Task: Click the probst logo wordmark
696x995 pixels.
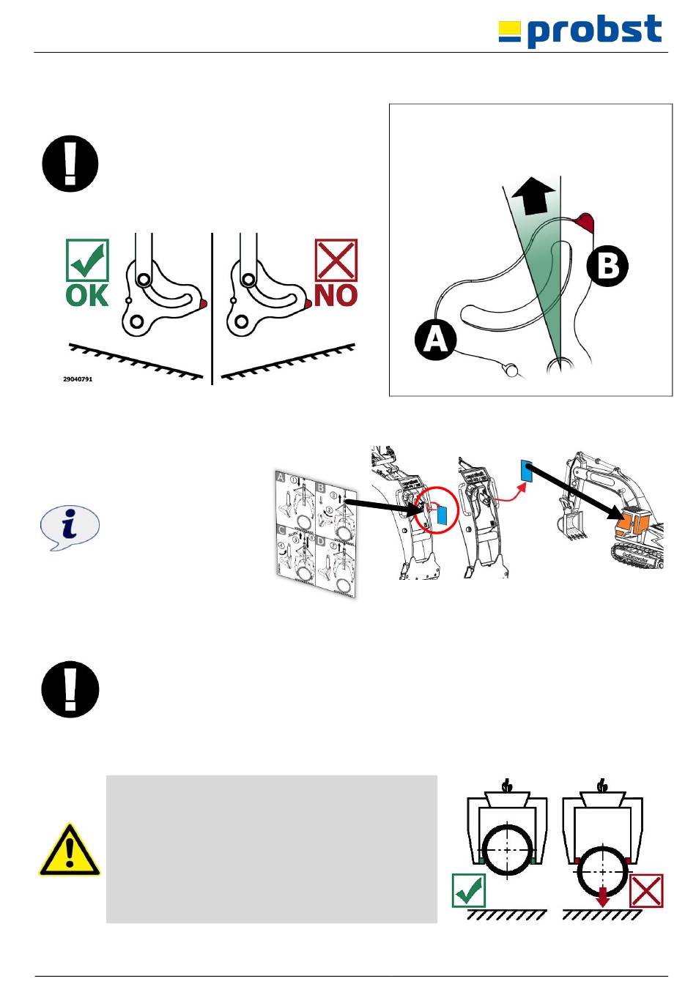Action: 594,31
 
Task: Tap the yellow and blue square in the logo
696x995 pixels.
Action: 510,31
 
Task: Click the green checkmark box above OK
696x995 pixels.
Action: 87,260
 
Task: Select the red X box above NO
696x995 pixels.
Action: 336,260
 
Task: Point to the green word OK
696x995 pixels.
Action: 87,296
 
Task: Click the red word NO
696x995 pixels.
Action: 336,296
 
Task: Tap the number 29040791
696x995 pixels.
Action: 78,379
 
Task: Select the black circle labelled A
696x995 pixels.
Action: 436,340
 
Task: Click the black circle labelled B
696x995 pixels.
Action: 608,266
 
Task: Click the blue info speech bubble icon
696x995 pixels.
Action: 70,527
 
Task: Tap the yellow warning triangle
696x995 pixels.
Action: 70,851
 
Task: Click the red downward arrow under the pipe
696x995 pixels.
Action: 602,896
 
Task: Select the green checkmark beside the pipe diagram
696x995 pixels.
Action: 469,890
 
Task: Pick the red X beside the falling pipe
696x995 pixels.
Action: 646,891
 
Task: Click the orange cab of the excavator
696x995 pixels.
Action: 632,523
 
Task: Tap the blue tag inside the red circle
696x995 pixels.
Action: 441,514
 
